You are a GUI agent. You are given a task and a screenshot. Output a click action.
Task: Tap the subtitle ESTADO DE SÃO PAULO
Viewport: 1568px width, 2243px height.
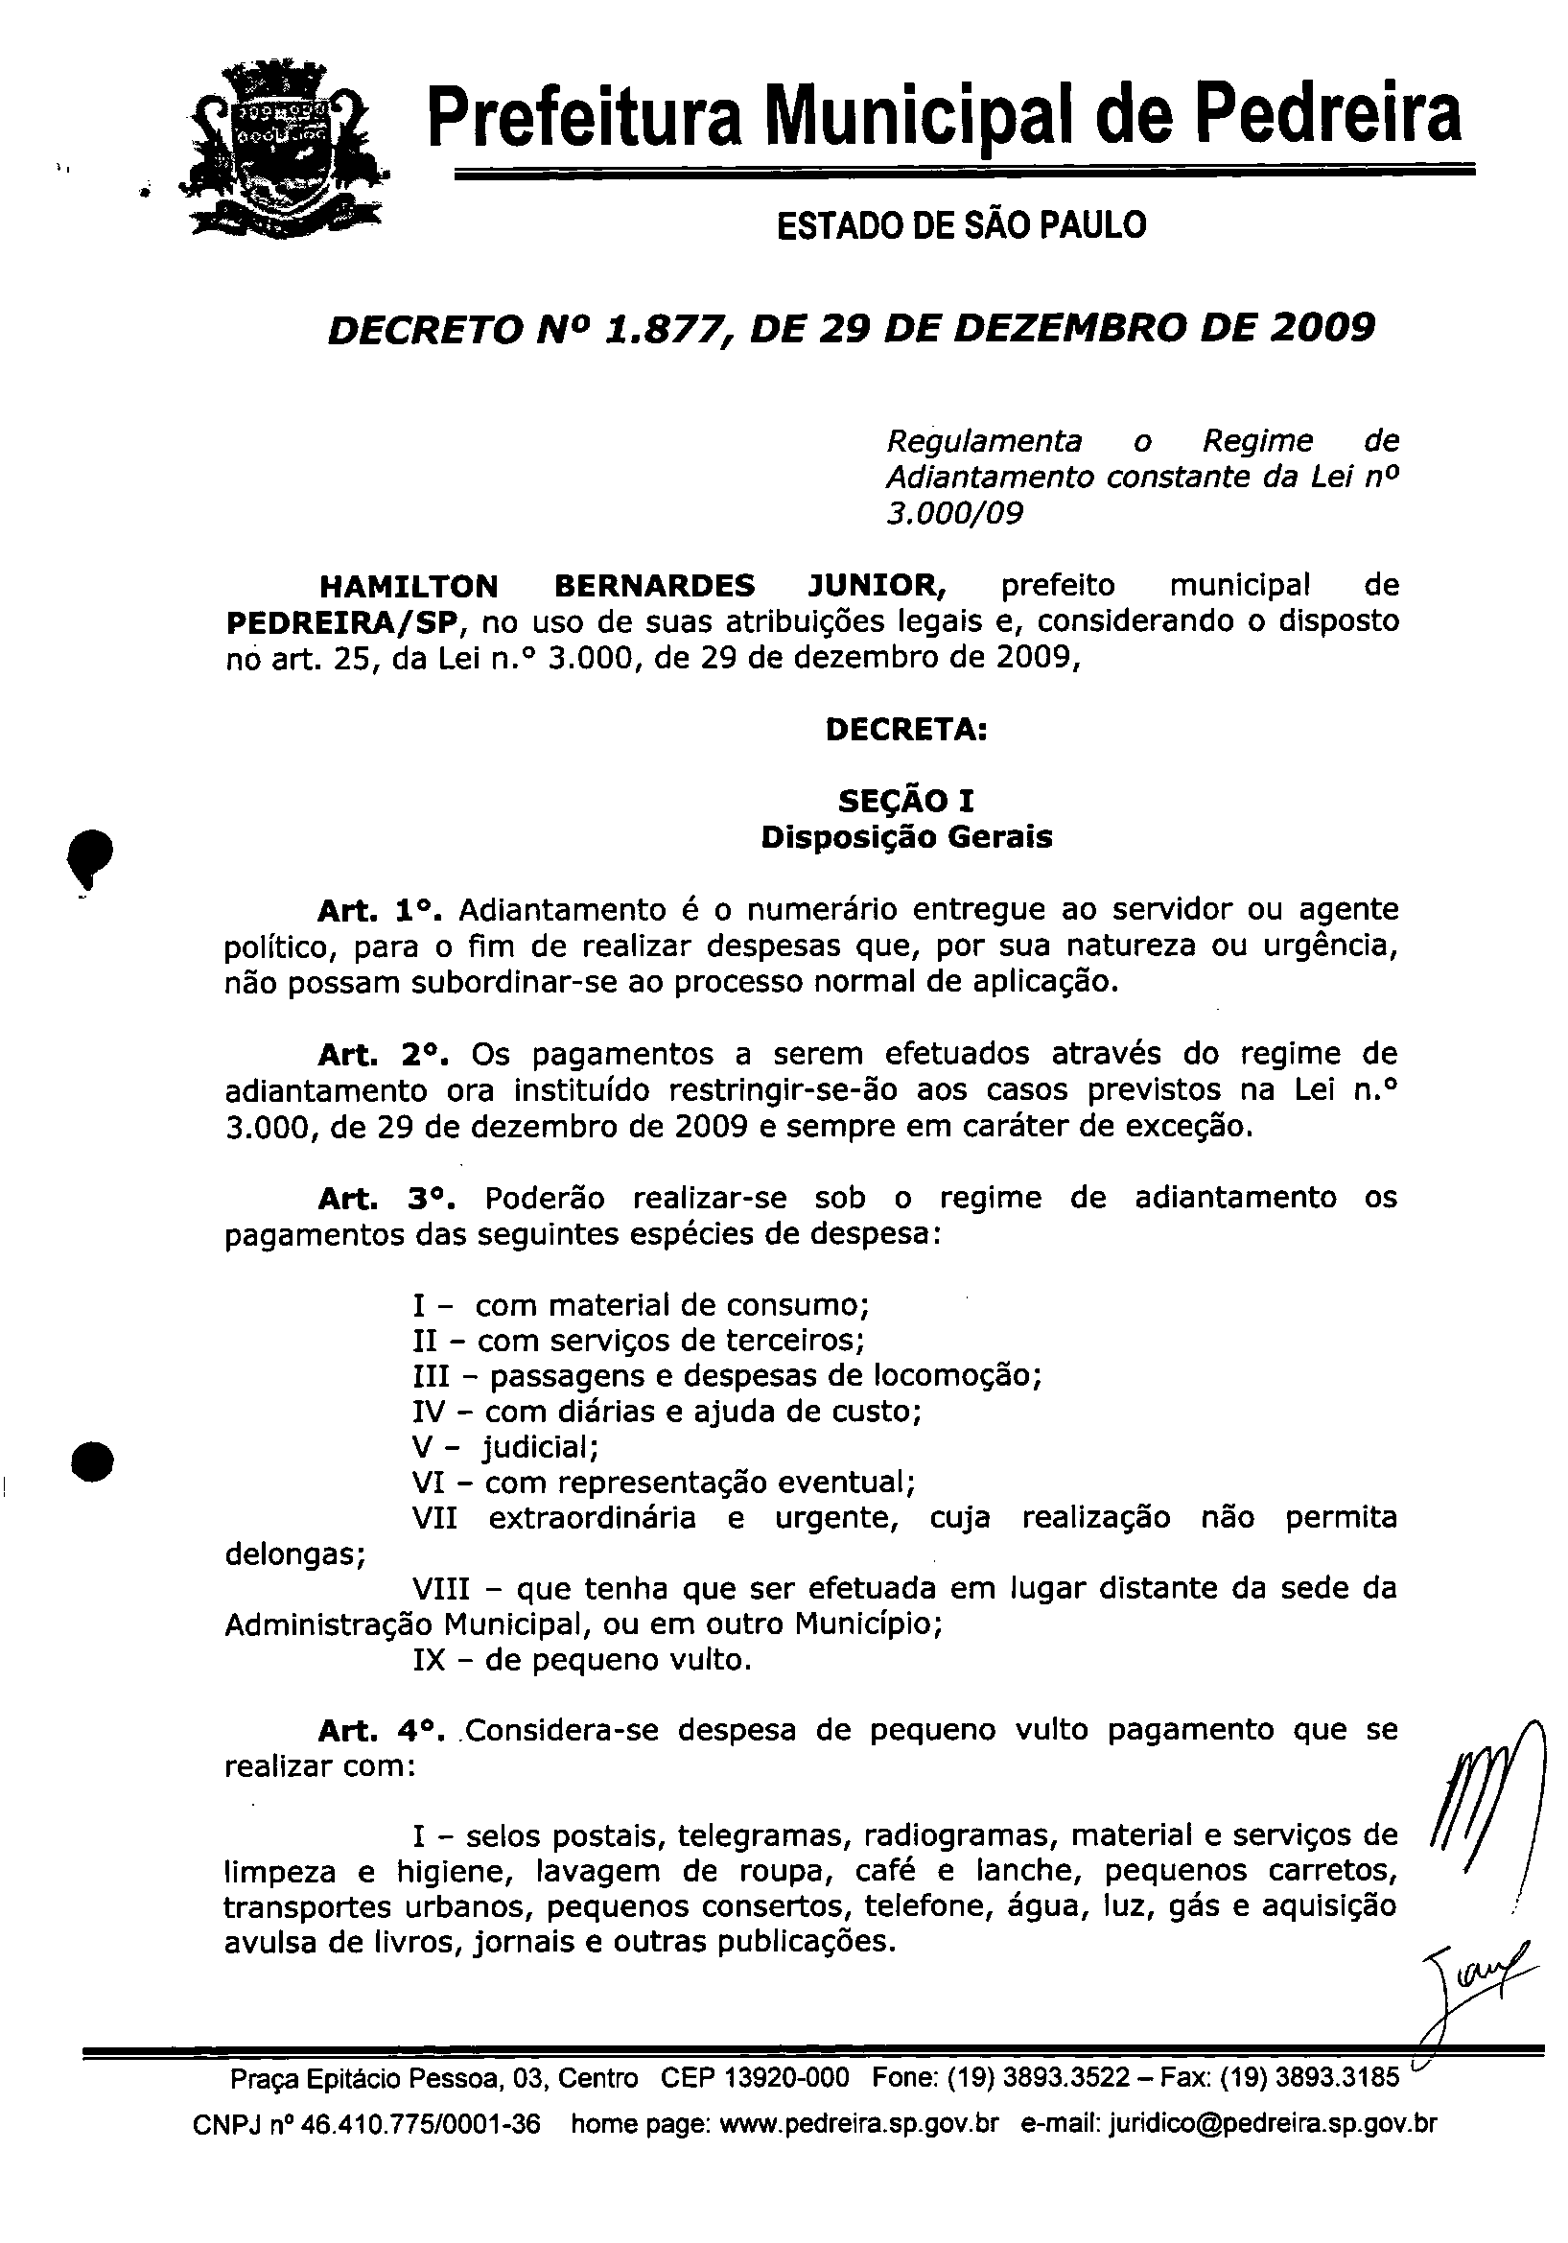click(x=960, y=225)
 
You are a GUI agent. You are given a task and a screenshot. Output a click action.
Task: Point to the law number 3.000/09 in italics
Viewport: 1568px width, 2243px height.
click(x=953, y=513)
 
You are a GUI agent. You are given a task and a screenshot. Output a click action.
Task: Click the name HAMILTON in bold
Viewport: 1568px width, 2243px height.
click(x=409, y=586)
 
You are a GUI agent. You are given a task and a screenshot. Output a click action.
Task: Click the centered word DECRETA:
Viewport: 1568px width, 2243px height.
click(x=905, y=730)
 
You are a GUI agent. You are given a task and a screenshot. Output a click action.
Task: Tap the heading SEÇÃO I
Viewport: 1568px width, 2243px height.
click(x=905, y=801)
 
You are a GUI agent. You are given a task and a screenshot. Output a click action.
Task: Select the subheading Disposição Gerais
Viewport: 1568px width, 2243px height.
click(x=905, y=837)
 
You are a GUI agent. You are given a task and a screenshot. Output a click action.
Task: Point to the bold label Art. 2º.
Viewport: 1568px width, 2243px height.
click(x=383, y=1054)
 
